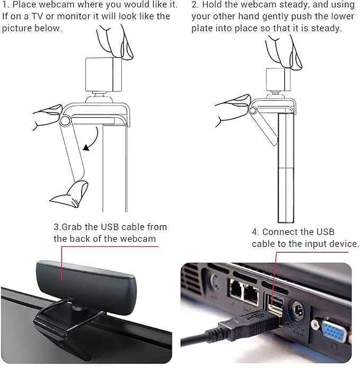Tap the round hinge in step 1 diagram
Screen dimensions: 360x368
(x=65, y=121)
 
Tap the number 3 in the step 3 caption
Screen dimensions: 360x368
(x=56, y=227)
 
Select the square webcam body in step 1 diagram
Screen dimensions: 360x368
(x=103, y=74)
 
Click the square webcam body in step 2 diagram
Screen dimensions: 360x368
(x=278, y=80)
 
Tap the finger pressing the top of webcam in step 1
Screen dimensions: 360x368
(x=115, y=42)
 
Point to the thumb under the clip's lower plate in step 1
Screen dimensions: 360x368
(x=71, y=194)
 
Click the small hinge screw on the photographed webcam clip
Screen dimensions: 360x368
(x=66, y=335)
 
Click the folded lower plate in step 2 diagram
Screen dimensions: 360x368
(x=264, y=127)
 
